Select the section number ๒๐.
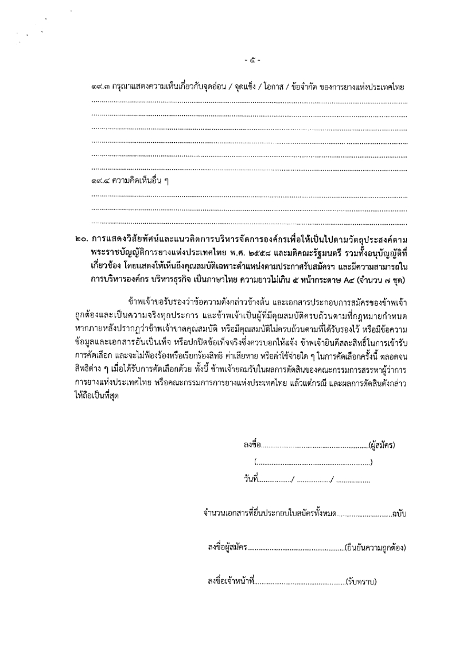[x=81, y=237]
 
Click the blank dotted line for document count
[x=362, y=514]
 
